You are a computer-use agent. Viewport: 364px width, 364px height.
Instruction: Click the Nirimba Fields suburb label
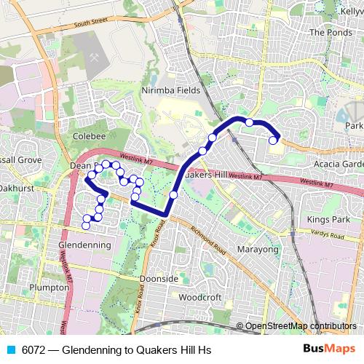coord(169,90)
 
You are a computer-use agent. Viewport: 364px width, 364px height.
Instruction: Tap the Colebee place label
coord(90,136)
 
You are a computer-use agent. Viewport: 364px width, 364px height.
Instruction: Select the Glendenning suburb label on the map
coord(84,245)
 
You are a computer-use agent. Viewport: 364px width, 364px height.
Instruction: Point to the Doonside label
coord(159,279)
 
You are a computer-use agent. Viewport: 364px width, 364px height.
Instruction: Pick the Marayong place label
coord(258,250)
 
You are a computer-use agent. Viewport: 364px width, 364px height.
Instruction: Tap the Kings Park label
coord(328,219)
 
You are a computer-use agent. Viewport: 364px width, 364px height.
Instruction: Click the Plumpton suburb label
coord(49,288)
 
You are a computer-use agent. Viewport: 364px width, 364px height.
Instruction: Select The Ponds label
coord(331,33)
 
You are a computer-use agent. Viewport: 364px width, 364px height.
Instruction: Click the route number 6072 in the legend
coord(34,350)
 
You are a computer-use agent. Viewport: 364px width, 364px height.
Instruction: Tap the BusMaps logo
coord(329,349)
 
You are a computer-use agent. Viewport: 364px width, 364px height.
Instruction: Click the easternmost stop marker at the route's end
coord(274,141)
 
